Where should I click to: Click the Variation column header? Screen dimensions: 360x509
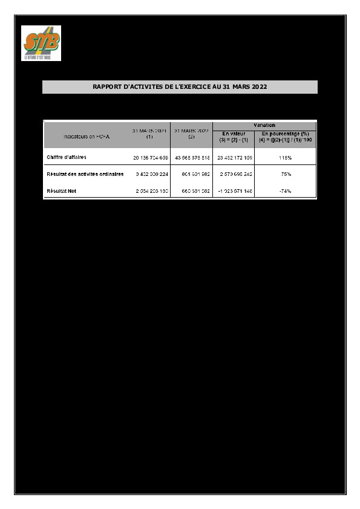tap(264, 124)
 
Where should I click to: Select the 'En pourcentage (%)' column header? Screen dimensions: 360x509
tap(286, 136)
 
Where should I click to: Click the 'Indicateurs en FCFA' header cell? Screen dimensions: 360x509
tap(87, 137)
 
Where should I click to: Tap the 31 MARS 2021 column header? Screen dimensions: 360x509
tap(149, 134)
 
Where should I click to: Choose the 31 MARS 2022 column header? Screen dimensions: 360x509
tap(191, 134)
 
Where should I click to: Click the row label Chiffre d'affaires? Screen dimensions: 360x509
tap(67, 157)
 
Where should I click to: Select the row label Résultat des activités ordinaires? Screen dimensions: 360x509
tap(85, 174)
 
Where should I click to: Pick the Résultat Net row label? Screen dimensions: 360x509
tap(62, 190)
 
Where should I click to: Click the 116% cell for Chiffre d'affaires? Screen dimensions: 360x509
tap(286, 157)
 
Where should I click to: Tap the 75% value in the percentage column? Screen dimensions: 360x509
tap(286, 174)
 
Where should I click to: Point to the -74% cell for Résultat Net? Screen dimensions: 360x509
tap(286, 190)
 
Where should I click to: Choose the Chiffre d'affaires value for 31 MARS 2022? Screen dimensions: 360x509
tap(191, 157)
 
